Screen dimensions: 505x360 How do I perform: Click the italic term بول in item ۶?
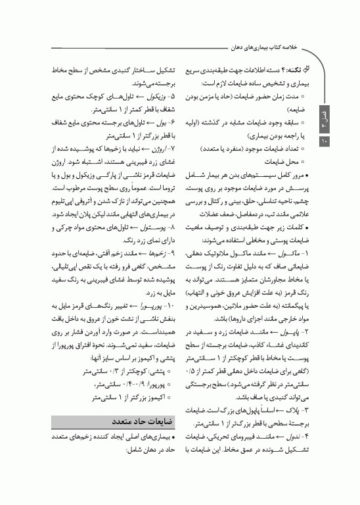coord(156,123)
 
